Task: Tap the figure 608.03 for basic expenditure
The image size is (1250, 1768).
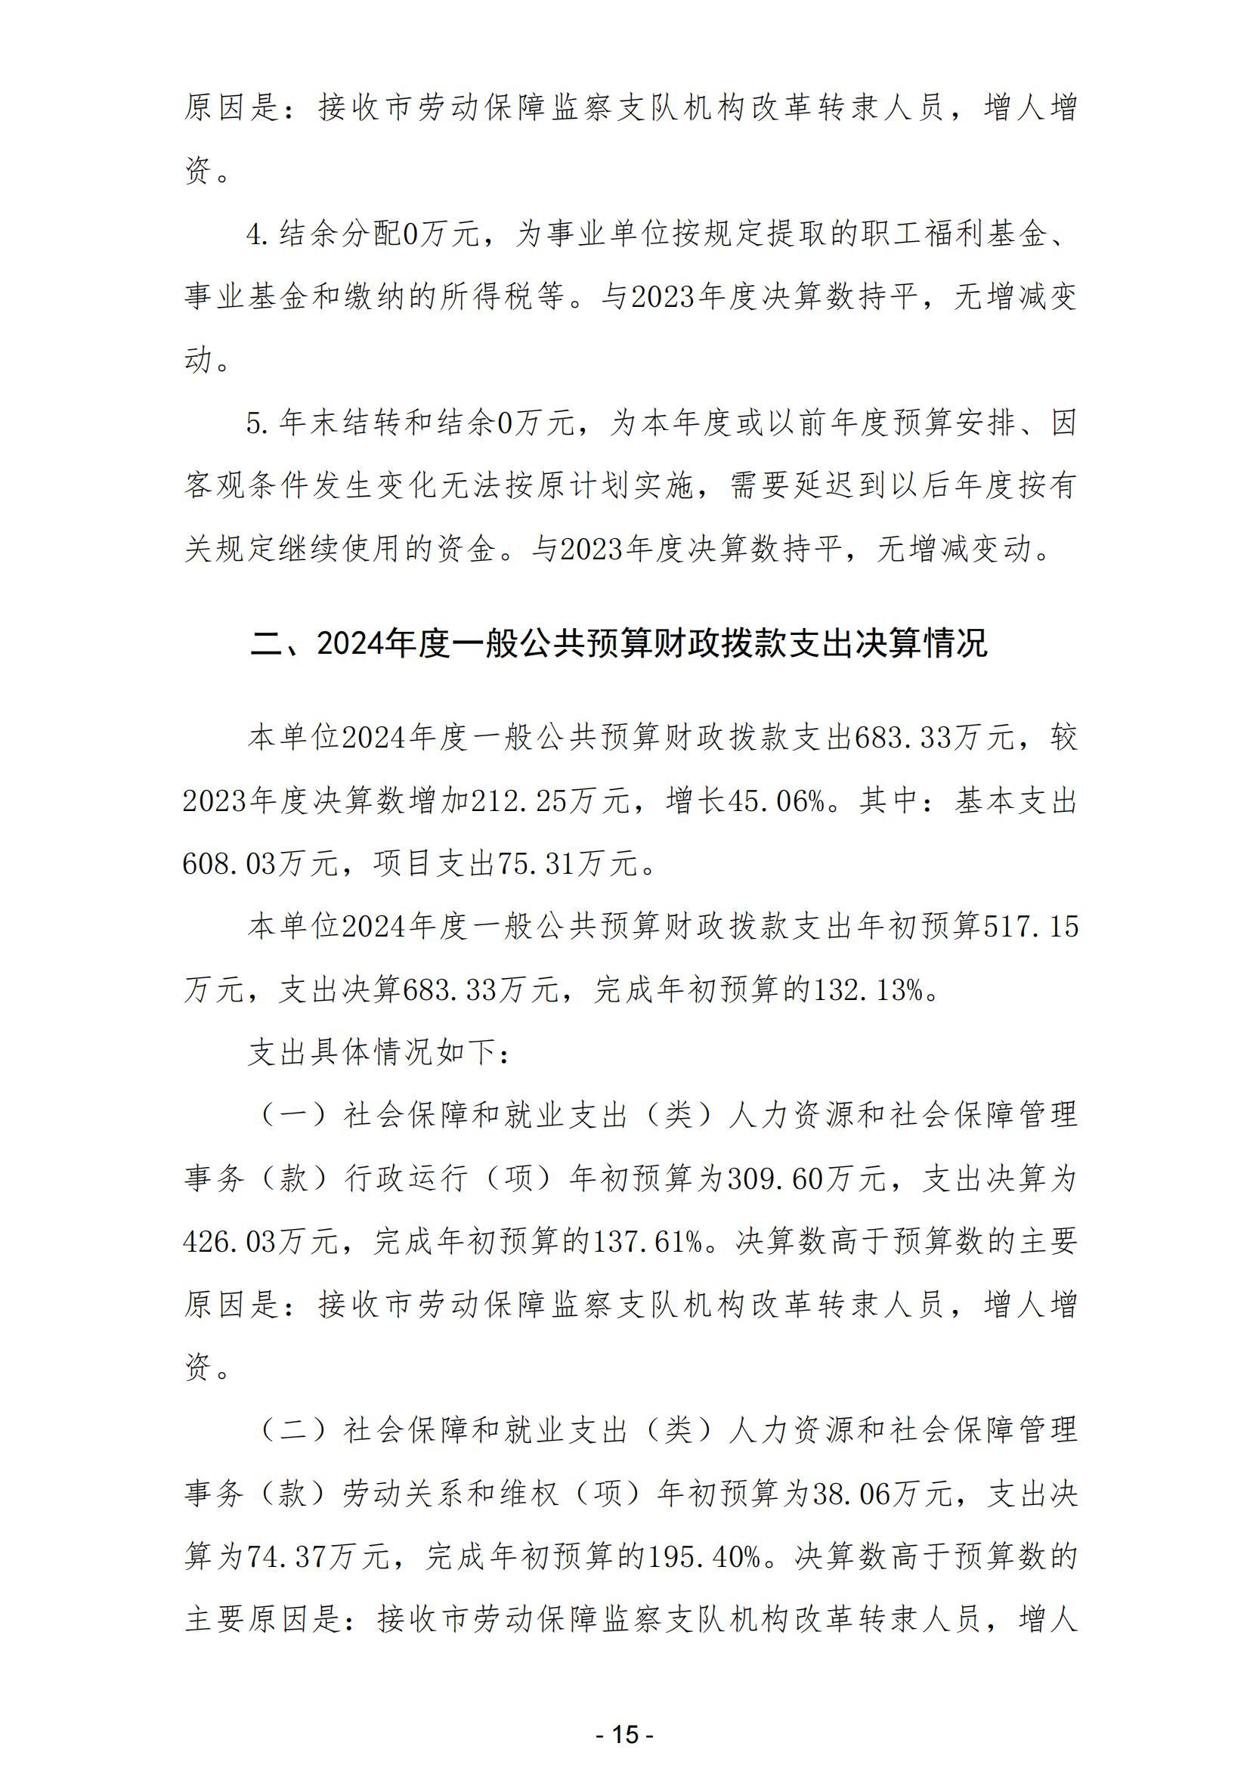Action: (x=228, y=865)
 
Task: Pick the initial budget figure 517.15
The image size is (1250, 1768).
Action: (x=1032, y=929)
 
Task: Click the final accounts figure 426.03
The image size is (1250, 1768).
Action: (x=228, y=1243)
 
